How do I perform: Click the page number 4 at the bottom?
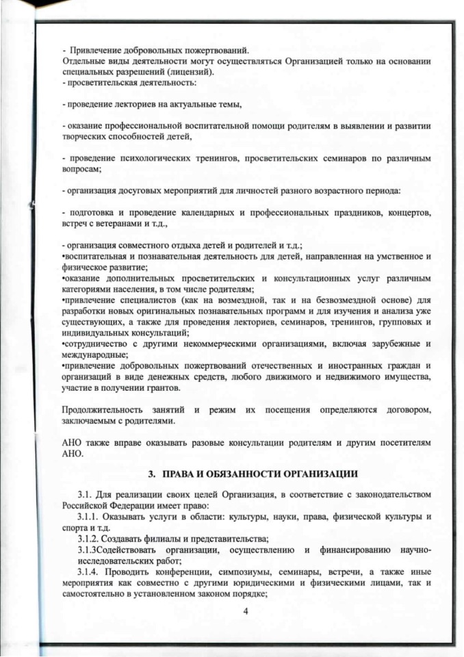(x=245, y=610)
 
